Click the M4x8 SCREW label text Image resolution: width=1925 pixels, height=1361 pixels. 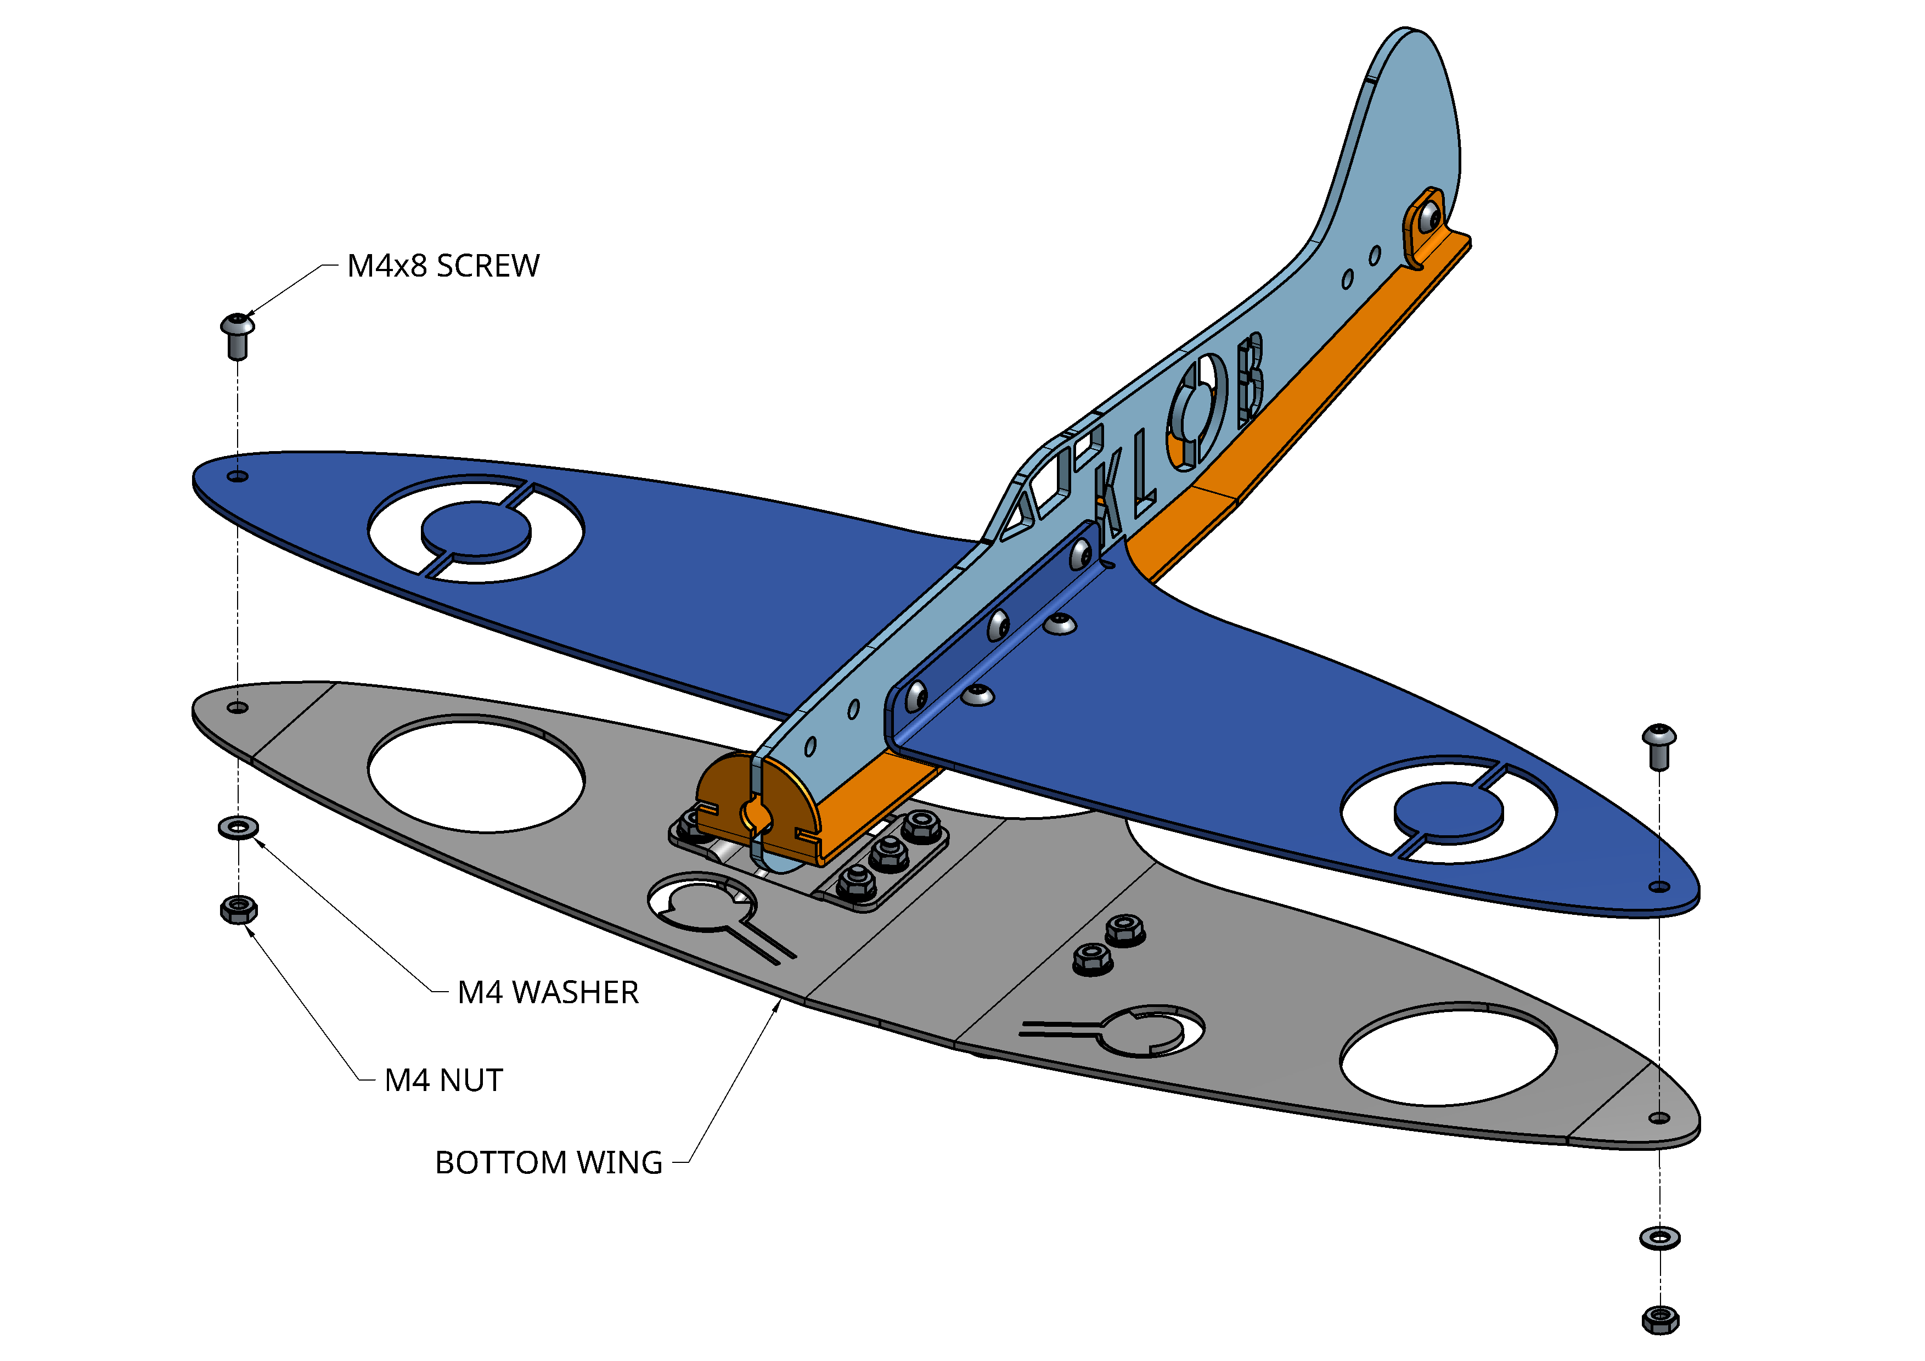pyautogui.click(x=443, y=266)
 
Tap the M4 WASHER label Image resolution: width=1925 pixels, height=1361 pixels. pyautogui.click(x=548, y=992)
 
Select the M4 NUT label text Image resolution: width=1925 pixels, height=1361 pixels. pyautogui.click(x=443, y=1080)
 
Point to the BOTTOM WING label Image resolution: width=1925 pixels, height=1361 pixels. pyautogui.click(x=548, y=1162)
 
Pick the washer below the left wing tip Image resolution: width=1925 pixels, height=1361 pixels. pyautogui.click(x=238, y=828)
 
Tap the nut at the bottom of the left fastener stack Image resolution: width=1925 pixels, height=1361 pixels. pyautogui.click(x=238, y=909)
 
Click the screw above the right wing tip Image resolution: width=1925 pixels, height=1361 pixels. pyautogui.click(x=1658, y=745)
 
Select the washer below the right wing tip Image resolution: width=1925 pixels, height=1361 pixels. pyautogui.click(x=1660, y=1238)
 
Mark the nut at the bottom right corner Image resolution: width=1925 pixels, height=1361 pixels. pyautogui.click(x=1660, y=1319)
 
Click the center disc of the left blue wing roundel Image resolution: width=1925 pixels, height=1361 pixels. pyautogui.click(x=475, y=530)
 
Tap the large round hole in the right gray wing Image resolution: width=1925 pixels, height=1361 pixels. pyautogui.click(x=1449, y=1054)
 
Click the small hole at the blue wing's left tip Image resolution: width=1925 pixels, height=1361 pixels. pyautogui.click(x=238, y=476)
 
